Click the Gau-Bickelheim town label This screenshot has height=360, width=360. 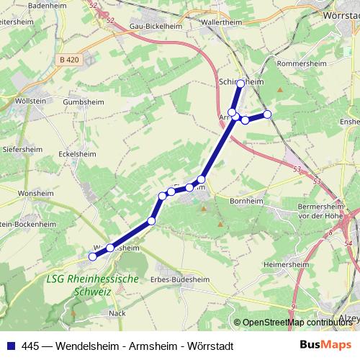[156, 26]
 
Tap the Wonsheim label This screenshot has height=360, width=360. [36, 194]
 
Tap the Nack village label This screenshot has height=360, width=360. [117, 314]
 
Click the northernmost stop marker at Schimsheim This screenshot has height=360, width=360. [240, 84]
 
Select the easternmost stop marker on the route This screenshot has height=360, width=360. [267, 114]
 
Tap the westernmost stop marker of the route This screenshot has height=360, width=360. [92, 256]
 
